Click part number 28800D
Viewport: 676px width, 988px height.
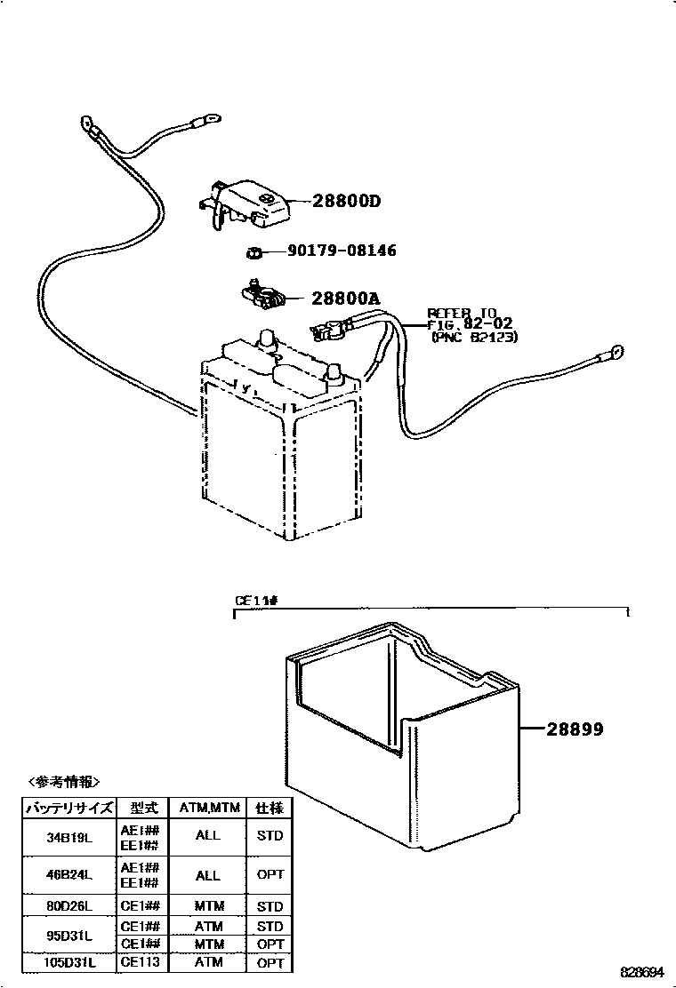point(346,202)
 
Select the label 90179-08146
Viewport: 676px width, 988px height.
point(342,251)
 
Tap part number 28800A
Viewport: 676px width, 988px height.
point(345,299)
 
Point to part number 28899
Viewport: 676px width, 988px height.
point(575,729)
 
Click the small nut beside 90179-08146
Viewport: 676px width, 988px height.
point(252,253)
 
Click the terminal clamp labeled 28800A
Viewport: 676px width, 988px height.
point(261,296)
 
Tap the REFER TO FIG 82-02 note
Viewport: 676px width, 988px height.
point(471,324)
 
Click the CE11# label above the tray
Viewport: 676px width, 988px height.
point(257,602)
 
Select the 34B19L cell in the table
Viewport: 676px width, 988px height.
point(69,836)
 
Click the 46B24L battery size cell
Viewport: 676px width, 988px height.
point(69,874)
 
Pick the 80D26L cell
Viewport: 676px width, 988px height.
point(69,906)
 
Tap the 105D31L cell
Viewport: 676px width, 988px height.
point(69,963)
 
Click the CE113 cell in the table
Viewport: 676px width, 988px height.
point(140,963)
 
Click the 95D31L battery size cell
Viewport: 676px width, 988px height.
point(69,935)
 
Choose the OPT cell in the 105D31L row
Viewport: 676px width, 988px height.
point(270,963)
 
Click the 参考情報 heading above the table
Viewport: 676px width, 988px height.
point(64,782)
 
